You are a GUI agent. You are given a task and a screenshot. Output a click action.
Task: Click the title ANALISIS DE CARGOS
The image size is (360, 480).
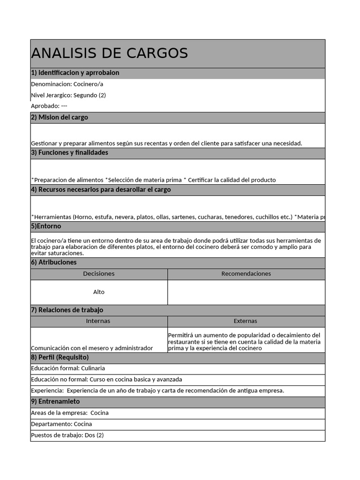point(109,53)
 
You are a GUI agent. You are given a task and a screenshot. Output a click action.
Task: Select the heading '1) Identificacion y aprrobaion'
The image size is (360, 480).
point(75,73)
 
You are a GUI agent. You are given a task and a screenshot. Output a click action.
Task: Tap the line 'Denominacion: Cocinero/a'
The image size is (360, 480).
point(67,84)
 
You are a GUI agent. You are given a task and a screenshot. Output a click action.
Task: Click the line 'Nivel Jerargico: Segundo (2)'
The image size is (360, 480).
point(68,95)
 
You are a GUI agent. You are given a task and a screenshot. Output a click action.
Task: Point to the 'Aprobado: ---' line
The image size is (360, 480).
point(49,106)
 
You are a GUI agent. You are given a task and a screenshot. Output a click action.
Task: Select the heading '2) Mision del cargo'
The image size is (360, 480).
point(60,118)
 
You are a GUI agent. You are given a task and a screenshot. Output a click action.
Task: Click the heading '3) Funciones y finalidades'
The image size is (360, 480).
point(69,153)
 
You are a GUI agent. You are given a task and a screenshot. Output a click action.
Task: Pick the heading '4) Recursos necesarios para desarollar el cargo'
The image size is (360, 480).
point(101,190)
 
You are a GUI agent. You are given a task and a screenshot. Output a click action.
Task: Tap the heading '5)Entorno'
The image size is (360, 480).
point(46,226)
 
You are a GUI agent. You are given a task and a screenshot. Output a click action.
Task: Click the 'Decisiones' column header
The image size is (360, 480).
point(99,274)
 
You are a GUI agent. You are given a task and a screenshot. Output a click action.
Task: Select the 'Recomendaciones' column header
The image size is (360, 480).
point(246,274)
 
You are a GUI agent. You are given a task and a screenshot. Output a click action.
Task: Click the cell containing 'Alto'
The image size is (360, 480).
point(99,292)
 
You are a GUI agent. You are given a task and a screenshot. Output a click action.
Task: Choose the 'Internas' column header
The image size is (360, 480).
point(98,321)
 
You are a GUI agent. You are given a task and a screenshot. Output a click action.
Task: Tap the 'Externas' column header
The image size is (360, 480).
point(246,321)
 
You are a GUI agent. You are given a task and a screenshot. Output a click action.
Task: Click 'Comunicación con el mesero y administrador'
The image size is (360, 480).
point(92,348)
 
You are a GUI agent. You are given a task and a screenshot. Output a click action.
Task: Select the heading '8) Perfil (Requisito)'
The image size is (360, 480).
point(60,358)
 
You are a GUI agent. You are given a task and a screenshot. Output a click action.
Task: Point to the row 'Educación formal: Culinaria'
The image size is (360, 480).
point(68,368)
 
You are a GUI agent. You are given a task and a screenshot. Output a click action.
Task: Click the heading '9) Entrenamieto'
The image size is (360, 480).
point(55,402)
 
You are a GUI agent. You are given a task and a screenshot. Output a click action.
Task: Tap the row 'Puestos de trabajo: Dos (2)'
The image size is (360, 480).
point(67,435)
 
